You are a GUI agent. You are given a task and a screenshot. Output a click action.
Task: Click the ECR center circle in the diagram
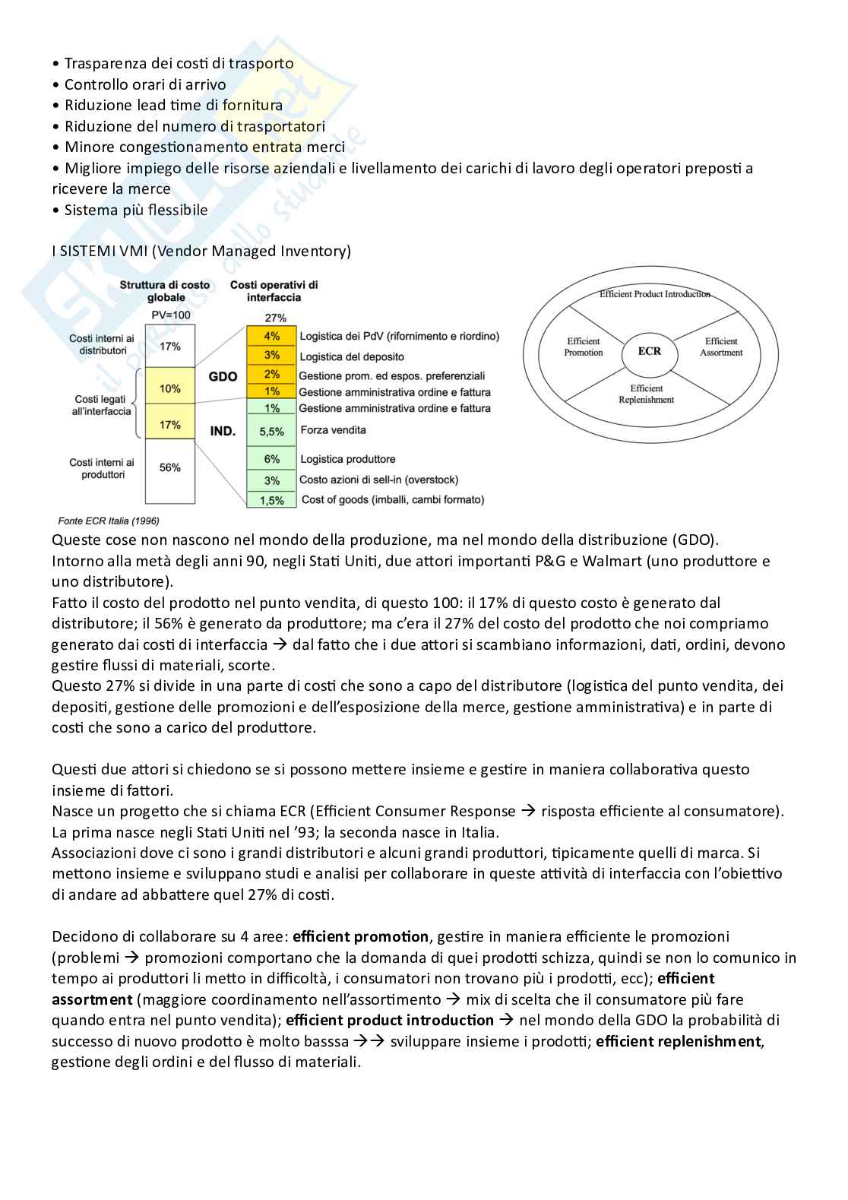coord(650,351)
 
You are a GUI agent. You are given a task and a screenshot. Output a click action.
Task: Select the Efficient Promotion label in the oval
coord(584,347)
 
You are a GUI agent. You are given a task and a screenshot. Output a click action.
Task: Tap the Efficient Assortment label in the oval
coord(721,347)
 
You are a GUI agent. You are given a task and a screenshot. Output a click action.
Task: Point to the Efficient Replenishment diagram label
coord(647,394)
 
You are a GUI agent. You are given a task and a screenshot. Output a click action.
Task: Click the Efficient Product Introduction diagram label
coord(654,294)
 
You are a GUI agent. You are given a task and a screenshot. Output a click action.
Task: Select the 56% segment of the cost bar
coord(170,468)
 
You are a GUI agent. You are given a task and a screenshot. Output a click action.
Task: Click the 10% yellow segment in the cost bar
coord(170,389)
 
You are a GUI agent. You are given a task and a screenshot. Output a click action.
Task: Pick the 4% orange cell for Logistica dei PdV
coord(271,336)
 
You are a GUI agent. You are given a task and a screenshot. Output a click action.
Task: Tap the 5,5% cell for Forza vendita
coord(271,432)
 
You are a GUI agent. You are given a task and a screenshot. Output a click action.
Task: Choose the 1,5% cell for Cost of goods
coord(271,500)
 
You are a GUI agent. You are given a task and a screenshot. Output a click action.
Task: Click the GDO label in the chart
coord(223,376)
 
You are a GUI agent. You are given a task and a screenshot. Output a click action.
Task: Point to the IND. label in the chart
coord(223,431)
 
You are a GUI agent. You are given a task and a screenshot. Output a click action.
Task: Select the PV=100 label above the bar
coord(171,315)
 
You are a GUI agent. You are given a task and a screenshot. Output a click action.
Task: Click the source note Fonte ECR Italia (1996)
coord(109,521)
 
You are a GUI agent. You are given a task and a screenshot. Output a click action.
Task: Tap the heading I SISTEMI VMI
coord(201,251)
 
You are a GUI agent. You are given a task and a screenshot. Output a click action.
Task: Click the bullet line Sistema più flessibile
coord(135,210)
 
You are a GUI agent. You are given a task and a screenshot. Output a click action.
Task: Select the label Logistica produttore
coord(348,459)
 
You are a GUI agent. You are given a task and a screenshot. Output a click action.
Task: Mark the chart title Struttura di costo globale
coord(165,291)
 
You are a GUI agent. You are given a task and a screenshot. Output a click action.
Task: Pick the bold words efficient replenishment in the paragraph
coord(678,1041)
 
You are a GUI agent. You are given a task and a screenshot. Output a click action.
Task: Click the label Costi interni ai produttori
coord(102,468)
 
